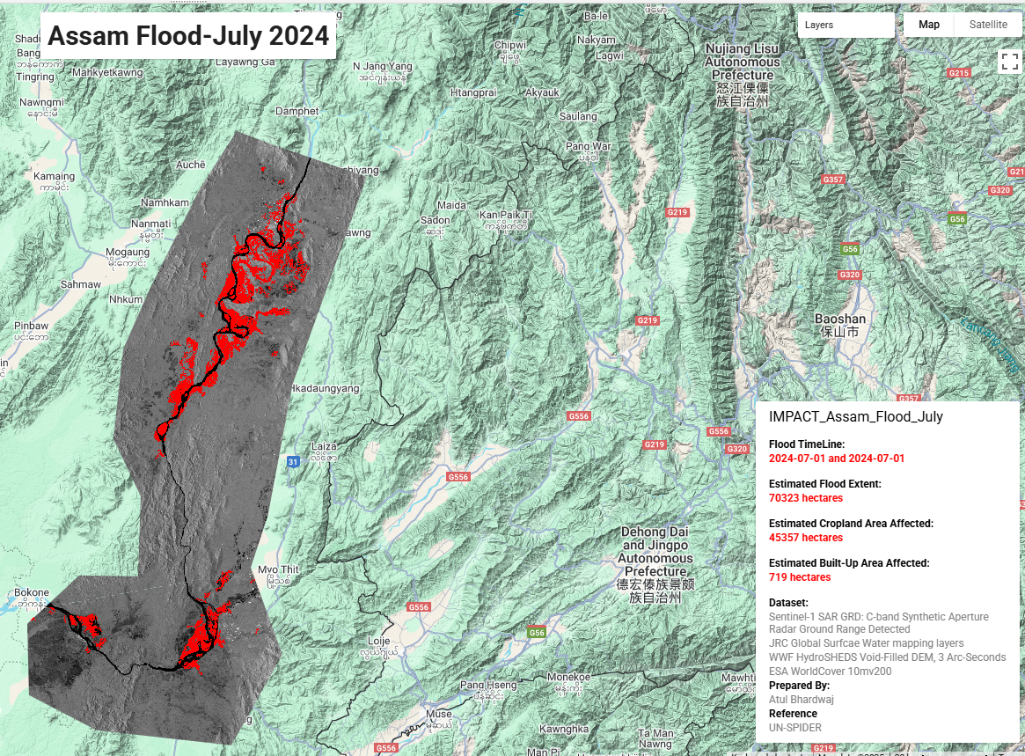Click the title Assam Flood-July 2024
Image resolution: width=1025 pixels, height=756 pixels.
(188, 36)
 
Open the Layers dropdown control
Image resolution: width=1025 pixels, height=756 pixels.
(846, 26)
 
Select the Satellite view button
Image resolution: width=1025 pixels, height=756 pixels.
(988, 25)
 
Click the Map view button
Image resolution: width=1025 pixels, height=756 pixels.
(929, 25)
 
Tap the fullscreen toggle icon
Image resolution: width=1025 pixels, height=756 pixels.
(1008, 61)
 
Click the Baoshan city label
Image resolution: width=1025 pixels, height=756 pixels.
(840, 319)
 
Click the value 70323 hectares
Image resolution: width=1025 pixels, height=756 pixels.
(806, 498)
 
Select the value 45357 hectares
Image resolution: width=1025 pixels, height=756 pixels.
(806, 538)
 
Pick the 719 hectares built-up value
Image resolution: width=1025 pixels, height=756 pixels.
(800, 577)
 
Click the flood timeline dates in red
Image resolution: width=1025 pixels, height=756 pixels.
(837, 459)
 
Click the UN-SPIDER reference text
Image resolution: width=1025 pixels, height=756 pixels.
(795, 728)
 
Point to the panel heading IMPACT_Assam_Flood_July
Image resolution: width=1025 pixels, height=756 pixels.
(856, 417)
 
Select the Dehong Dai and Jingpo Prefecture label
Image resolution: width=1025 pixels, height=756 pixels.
(655, 558)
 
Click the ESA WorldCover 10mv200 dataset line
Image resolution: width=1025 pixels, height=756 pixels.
(830, 672)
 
